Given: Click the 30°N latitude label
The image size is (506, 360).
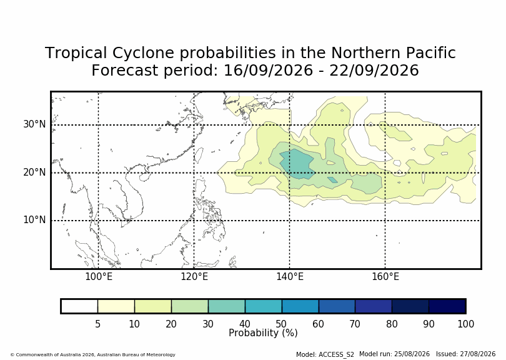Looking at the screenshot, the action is coord(34,124).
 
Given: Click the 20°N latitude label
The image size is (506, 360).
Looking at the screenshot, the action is coord(34,172).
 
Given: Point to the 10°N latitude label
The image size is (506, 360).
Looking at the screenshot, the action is coord(34,220).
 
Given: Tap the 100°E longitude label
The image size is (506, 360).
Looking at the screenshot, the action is coord(99,277).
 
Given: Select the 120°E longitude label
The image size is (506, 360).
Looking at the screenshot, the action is coord(194,277).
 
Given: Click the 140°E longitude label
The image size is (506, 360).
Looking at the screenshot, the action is coord(289,277).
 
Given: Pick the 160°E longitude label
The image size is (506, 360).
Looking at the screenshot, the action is coord(385,277).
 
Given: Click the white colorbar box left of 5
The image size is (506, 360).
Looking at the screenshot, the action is coord(79,306).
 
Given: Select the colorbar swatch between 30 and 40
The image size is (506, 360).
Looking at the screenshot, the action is coord(227,306).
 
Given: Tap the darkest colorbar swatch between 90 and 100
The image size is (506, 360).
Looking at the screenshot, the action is coord(447,306).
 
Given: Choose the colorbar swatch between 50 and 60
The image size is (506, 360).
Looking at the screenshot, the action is coord(300,306).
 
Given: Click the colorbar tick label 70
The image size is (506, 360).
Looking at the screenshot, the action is coord(355,324).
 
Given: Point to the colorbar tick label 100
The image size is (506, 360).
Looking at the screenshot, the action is coord(465,324).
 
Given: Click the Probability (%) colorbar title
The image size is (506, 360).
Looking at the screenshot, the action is coord(263,333).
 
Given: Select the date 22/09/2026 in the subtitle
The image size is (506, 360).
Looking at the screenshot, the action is coord(374,71).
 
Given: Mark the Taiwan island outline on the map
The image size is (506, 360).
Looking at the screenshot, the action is coord(199,156).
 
